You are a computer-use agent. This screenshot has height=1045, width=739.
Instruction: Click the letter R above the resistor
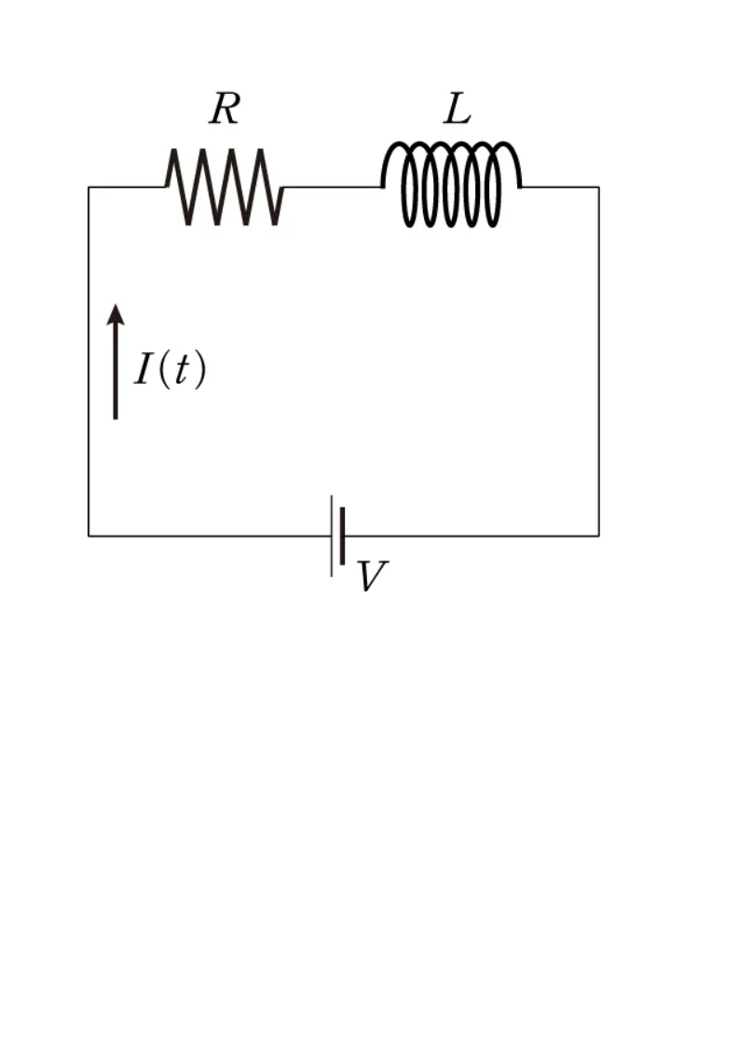[x=225, y=110]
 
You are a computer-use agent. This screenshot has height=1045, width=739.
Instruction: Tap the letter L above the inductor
[x=457, y=110]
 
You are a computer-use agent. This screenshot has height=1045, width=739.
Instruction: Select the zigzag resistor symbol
[x=225, y=186]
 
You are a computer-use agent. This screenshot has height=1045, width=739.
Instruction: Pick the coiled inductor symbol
[x=451, y=184]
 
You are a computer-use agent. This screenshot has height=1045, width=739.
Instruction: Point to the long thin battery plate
[x=332, y=536]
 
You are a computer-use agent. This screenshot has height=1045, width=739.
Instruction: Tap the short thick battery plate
[x=344, y=536]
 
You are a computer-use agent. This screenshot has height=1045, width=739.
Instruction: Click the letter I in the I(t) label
[x=144, y=371]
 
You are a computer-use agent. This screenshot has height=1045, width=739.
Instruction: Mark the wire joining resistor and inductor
[x=332, y=187]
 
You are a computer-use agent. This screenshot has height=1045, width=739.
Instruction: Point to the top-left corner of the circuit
[x=89, y=187]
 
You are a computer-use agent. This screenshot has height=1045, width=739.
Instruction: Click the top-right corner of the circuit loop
[x=598, y=187]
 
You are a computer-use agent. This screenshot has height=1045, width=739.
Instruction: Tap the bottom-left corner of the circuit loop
[x=89, y=536]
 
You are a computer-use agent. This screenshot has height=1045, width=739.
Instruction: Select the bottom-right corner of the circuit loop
[x=598, y=536]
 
